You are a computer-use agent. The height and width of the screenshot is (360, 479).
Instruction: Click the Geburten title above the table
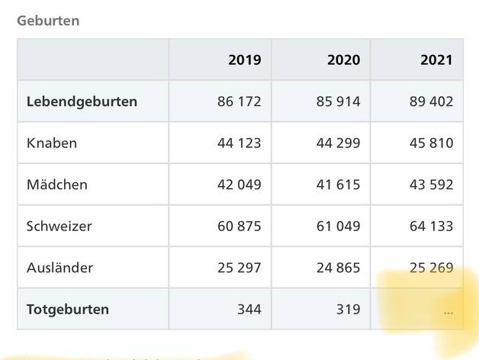tap(48, 21)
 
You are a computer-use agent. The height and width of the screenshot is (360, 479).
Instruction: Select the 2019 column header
tap(244, 60)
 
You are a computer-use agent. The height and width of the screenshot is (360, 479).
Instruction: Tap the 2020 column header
tap(344, 60)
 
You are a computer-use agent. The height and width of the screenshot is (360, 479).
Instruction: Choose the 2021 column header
tap(436, 60)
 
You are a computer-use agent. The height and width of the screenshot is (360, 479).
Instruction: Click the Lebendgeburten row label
tap(82, 101)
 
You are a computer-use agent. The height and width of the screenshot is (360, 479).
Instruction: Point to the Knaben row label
tap(52, 143)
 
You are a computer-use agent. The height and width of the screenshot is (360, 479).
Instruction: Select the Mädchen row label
tap(57, 185)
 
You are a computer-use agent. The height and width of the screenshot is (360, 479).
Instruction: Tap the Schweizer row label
tap(60, 226)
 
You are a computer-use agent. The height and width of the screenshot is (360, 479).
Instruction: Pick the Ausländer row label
tap(59, 268)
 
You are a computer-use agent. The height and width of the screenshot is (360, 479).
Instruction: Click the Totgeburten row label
tap(68, 309)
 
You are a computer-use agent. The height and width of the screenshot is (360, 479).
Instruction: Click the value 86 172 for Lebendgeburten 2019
tap(239, 101)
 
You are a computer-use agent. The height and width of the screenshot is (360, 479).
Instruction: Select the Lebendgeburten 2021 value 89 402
tap(431, 101)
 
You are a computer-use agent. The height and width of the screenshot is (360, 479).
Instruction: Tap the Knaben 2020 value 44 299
tap(338, 143)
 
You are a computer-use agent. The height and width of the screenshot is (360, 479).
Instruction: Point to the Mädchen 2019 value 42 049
tap(239, 185)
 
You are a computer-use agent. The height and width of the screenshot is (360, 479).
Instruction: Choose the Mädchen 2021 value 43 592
tap(431, 185)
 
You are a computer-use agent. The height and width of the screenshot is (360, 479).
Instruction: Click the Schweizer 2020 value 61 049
tap(338, 226)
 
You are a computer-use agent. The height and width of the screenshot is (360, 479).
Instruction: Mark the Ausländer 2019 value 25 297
tap(239, 268)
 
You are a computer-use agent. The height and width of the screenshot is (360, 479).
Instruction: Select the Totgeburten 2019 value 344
tap(249, 309)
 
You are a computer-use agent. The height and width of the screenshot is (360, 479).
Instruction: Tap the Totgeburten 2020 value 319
tap(348, 309)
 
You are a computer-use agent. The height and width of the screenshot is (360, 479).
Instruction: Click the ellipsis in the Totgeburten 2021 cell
tap(448, 311)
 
